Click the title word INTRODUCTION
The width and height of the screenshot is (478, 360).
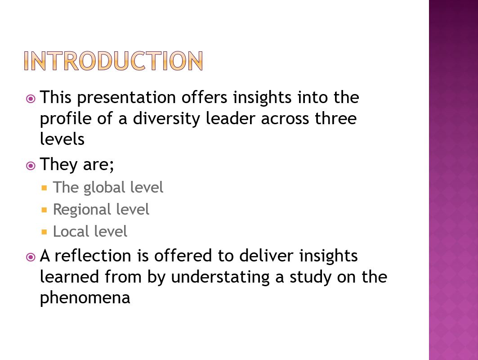(113, 61)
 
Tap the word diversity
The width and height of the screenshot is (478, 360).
(166, 119)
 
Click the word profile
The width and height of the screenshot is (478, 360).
(66, 119)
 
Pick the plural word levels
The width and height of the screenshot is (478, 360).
(62, 139)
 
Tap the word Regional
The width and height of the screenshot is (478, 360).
(81, 210)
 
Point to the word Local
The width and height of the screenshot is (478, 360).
(69, 231)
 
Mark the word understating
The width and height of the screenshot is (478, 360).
(220, 278)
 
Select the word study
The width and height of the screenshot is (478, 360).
(310, 278)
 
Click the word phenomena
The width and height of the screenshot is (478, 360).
(85, 298)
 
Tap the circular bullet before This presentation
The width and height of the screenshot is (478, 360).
(31, 99)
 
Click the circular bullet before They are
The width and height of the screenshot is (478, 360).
(31, 166)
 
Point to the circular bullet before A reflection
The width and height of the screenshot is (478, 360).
(31, 257)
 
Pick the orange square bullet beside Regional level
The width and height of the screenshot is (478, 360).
(45, 210)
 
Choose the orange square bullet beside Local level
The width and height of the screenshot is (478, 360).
(45, 232)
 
